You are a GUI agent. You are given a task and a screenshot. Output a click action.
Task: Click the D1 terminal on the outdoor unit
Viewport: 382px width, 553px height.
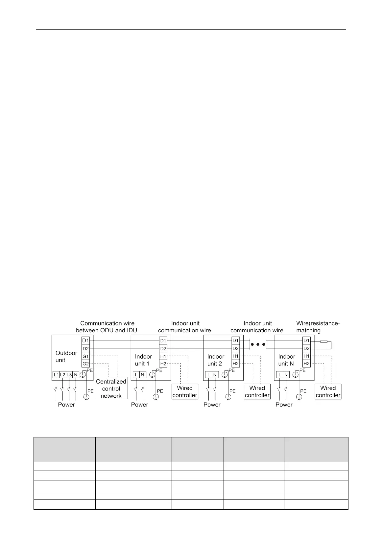pyautogui.click(x=85, y=341)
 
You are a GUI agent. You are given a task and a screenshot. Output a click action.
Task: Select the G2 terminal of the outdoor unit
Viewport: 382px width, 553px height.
pyautogui.click(x=85, y=364)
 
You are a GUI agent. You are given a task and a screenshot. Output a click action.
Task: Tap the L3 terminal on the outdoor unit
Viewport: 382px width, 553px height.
pyautogui.click(x=69, y=375)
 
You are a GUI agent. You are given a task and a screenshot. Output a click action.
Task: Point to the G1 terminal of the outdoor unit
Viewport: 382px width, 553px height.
pyautogui.click(x=85, y=356)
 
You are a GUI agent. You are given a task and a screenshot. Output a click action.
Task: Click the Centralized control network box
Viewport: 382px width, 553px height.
pyautogui.click(x=111, y=388)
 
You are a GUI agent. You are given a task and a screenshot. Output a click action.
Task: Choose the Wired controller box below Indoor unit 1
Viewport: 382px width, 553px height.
pyautogui.click(x=185, y=391)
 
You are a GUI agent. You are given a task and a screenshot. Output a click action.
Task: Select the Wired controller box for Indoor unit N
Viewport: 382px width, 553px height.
pyautogui.click(x=328, y=391)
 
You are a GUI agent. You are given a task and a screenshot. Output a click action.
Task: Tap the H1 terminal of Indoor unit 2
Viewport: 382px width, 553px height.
pyautogui.click(x=235, y=356)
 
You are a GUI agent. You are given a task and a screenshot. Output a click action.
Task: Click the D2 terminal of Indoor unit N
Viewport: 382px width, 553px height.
pyautogui.click(x=306, y=348)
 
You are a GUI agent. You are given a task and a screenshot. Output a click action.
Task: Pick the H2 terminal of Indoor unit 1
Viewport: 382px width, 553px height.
pyautogui.click(x=163, y=364)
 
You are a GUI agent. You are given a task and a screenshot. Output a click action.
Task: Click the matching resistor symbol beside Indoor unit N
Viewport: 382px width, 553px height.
pyautogui.click(x=324, y=342)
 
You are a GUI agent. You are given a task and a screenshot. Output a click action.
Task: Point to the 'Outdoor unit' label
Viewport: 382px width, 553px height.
pyautogui.click(x=66, y=357)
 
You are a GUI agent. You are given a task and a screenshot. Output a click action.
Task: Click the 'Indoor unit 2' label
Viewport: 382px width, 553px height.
pyautogui.click(x=216, y=360)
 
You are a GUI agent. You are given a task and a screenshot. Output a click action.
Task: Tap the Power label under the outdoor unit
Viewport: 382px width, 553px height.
pyautogui.click(x=66, y=405)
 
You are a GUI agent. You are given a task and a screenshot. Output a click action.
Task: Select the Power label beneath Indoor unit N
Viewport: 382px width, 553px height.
pyautogui.click(x=284, y=405)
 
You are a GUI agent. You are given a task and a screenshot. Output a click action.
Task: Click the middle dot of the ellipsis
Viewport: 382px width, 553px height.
pyautogui.click(x=258, y=345)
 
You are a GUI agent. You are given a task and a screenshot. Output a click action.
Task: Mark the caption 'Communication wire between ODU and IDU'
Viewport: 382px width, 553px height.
pyautogui.click(x=107, y=327)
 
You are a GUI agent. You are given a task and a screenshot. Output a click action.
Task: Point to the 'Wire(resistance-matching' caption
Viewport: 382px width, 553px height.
pyautogui.click(x=318, y=327)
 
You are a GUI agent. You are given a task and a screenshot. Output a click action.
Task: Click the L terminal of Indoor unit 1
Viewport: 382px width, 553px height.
pyautogui.click(x=136, y=375)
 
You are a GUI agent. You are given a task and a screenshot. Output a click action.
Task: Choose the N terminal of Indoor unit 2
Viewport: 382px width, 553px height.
pyautogui.click(x=215, y=375)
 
